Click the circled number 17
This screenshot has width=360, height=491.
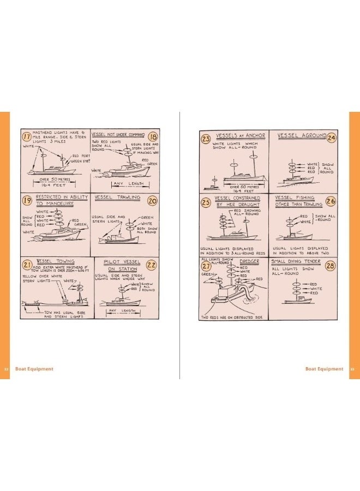pyautogui.click(x=27, y=136)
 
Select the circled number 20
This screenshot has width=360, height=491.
pyautogui.click(x=152, y=201)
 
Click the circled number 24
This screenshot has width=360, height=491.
pyautogui.click(x=331, y=137)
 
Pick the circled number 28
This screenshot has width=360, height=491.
pyautogui.click(x=330, y=266)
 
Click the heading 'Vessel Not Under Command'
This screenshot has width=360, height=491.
pyautogui.click(x=118, y=134)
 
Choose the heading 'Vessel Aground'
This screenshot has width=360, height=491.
pyautogui.click(x=301, y=135)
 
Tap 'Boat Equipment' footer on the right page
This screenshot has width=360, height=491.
pyautogui.click(x=324, y=369)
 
